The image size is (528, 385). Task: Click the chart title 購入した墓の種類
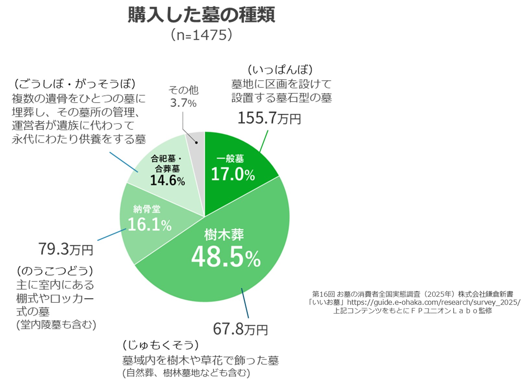tap(201, 15)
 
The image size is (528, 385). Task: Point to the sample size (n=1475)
tap(201, 35)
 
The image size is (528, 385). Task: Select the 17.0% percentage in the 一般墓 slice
tap(233, 174)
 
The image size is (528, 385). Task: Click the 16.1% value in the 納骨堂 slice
tap(149, 224)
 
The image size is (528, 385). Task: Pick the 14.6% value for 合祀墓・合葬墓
tap(167, 180)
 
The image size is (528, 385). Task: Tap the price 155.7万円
tap(269, 118)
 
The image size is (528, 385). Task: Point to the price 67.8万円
tap(240, 329)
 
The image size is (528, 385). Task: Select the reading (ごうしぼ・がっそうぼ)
tap(75, 84)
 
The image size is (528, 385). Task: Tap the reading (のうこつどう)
tap(55, 271)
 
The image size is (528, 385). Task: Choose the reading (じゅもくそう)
tap(160, 345)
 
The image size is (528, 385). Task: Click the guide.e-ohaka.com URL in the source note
tap(433, 302)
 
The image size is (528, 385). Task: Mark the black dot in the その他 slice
tap(196, 142)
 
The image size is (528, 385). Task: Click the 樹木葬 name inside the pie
tap(224, 235)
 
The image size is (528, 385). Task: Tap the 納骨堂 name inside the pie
tap(147, 209)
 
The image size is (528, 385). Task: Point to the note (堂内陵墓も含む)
tap(56, 325)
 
